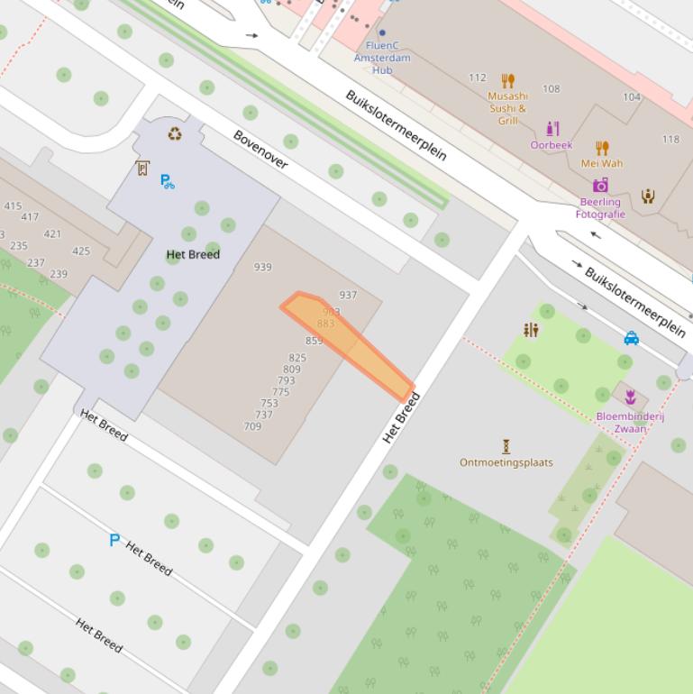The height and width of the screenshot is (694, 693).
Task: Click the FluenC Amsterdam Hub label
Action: click(382, 58)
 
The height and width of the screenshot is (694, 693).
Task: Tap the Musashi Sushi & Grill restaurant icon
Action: click(507, 81)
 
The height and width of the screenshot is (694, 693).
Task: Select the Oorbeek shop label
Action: click(551, 145)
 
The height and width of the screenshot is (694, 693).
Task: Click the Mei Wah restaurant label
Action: click(601, 163)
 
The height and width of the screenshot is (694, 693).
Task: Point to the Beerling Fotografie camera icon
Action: click(600, 185)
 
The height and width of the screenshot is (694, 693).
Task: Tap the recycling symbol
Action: click(174, 134)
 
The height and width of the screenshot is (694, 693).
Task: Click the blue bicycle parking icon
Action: click(168, 181)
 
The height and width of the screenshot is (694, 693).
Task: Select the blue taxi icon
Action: click(632, 338)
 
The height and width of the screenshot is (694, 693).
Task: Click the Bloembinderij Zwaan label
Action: click(630, 423)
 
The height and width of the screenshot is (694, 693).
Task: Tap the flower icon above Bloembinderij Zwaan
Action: click(630, 397)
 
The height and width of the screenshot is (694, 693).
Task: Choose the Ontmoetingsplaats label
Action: click(506, 462)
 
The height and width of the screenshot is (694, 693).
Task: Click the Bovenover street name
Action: click(260, 150)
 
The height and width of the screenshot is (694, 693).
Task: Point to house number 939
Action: click(263, 267)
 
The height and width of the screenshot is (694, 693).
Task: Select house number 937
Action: click(348, 295)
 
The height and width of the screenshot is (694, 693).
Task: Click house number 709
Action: click(252, 426)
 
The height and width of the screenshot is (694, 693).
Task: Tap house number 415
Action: click(13, 206)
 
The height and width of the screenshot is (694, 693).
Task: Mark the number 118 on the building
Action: click(670, 139)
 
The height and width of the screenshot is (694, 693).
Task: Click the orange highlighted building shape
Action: click(342, 337)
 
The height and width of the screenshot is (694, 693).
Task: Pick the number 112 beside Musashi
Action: click(478, 78)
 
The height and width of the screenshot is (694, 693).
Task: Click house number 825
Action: click(297, 358)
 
